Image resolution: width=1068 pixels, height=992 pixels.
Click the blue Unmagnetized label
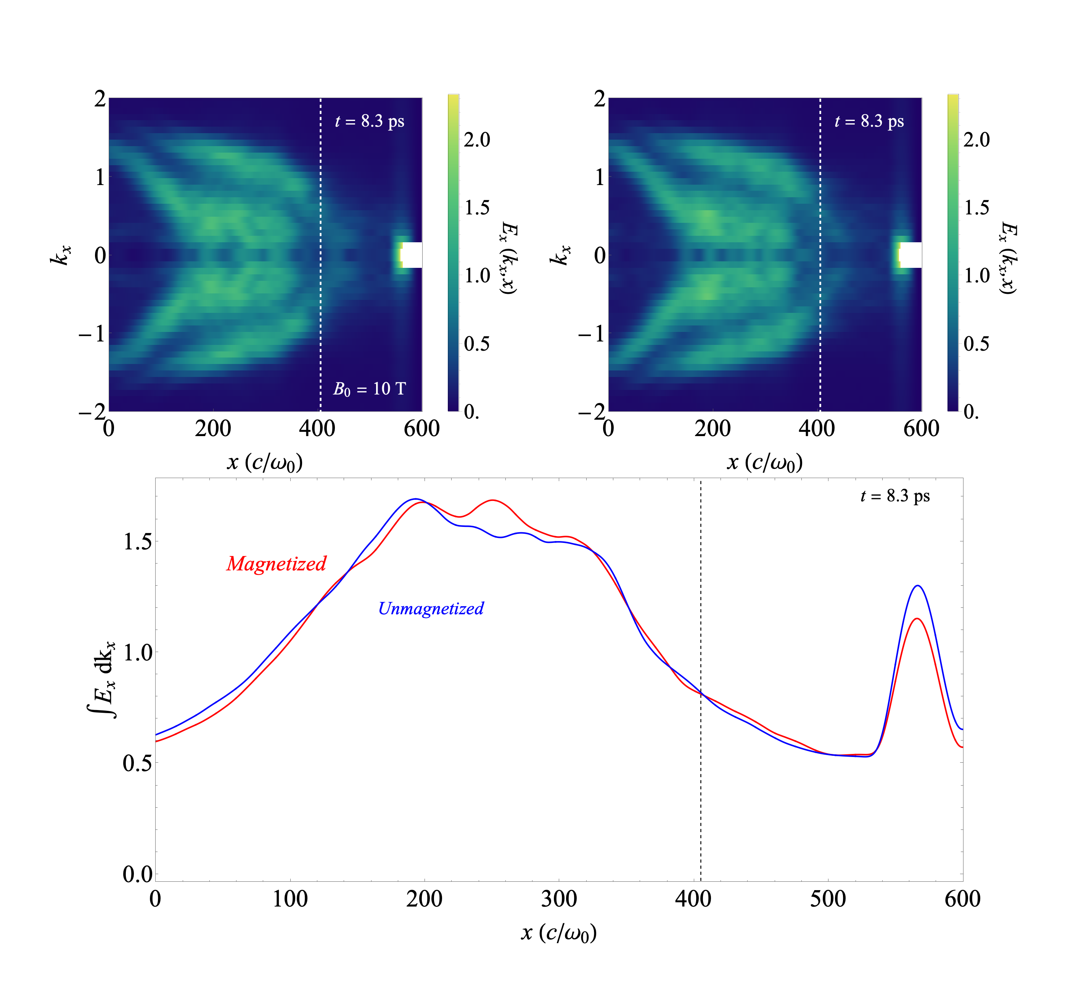coord(431,608)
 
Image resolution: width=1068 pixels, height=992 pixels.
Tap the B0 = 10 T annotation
coord(369,389)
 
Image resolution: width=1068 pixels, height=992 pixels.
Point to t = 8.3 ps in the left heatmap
coord(369,121)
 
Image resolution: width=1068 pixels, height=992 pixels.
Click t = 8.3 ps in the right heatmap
coord(869,121)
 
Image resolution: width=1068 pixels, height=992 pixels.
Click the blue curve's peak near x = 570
coord(918,586)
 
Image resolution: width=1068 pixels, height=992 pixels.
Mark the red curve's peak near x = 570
coord(917,619)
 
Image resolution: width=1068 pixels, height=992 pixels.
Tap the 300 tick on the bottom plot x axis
coord(559,899)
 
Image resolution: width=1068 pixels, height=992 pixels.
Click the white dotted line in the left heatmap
coord(320,268)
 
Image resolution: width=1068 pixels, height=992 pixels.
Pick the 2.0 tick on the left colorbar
coord(477,140)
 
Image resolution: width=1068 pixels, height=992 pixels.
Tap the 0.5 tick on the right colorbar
coord(976,343)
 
